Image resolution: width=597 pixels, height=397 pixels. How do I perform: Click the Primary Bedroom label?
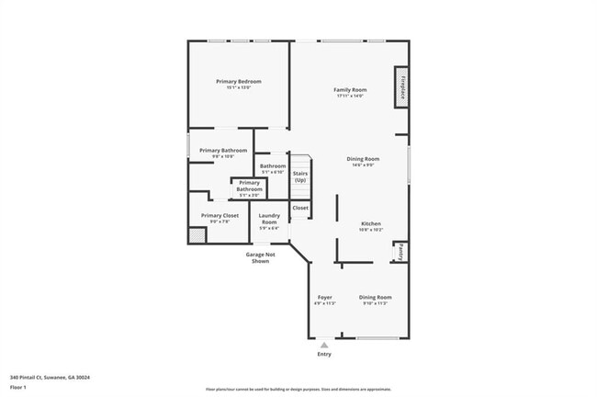click(x=239, y=82)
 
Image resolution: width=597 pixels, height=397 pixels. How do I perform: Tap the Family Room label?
click(x=350, y=89)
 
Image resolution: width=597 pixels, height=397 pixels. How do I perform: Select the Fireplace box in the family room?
click(x=401, y=87)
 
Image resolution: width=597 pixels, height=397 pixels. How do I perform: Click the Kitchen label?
click(x=370, y=224)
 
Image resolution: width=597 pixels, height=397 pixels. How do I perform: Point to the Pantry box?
click(x=400, y=252)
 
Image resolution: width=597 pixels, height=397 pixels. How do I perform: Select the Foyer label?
click(x=325, y=298)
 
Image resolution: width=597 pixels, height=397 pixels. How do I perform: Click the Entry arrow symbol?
click(x=324, y=345)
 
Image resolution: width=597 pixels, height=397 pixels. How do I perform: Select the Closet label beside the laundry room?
click(x=300, y=209)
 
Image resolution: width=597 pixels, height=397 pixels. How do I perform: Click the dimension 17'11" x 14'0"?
click(x=350, y=96)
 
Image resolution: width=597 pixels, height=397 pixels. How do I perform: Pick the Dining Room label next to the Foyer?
click(x=375, y=298)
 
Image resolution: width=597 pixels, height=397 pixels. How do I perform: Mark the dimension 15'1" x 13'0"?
click(x=239, y=88)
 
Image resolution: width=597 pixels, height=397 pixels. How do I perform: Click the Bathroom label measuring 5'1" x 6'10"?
click(x=273, y=166)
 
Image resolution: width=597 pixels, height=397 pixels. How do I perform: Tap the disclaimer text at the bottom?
click(x=303, y=390)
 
